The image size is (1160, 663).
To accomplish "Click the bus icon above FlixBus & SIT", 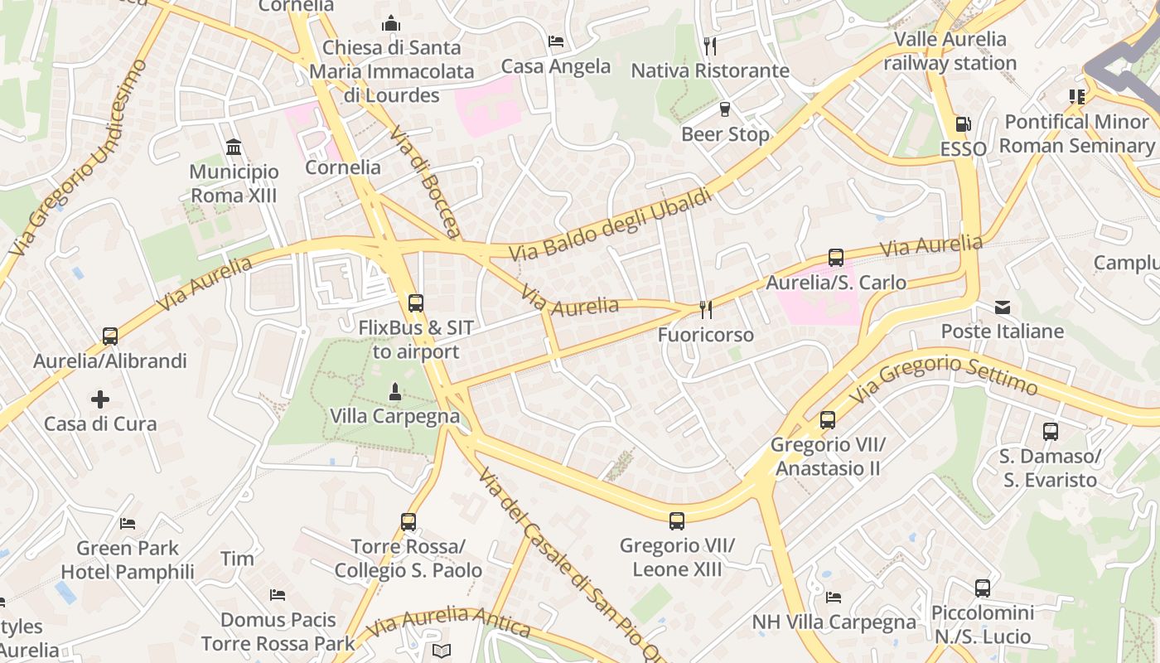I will click(416, 303).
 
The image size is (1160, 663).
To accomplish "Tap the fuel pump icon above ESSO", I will click(963, 124).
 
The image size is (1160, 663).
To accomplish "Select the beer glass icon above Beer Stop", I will click(725, 109).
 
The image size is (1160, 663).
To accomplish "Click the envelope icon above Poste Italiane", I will click(1003, 307).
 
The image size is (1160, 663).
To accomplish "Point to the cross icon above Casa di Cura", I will click(100, 399).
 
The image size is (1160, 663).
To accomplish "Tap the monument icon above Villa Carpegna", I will click(395, 390).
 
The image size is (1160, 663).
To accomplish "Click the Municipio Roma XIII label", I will click(234, 184).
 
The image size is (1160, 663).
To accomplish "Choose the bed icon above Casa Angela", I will click(556, 41).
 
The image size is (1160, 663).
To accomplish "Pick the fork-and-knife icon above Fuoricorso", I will click(706, 310).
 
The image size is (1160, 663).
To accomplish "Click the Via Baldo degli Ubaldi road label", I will click(611, 225).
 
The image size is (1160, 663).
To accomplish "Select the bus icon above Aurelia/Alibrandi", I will click(110, 336).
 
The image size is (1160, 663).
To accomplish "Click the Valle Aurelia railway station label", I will click(950, 51).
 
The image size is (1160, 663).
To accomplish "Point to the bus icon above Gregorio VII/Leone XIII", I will click(677, 521).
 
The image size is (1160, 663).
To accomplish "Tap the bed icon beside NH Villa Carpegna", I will click(834, 598).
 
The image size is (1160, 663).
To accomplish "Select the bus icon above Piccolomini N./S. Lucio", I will click(983, 588).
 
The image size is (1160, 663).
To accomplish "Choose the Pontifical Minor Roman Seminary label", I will click(1076, 133).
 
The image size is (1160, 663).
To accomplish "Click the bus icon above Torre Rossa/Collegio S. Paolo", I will click(408, 522).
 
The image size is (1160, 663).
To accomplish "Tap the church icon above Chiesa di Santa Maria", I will click(391, 23).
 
